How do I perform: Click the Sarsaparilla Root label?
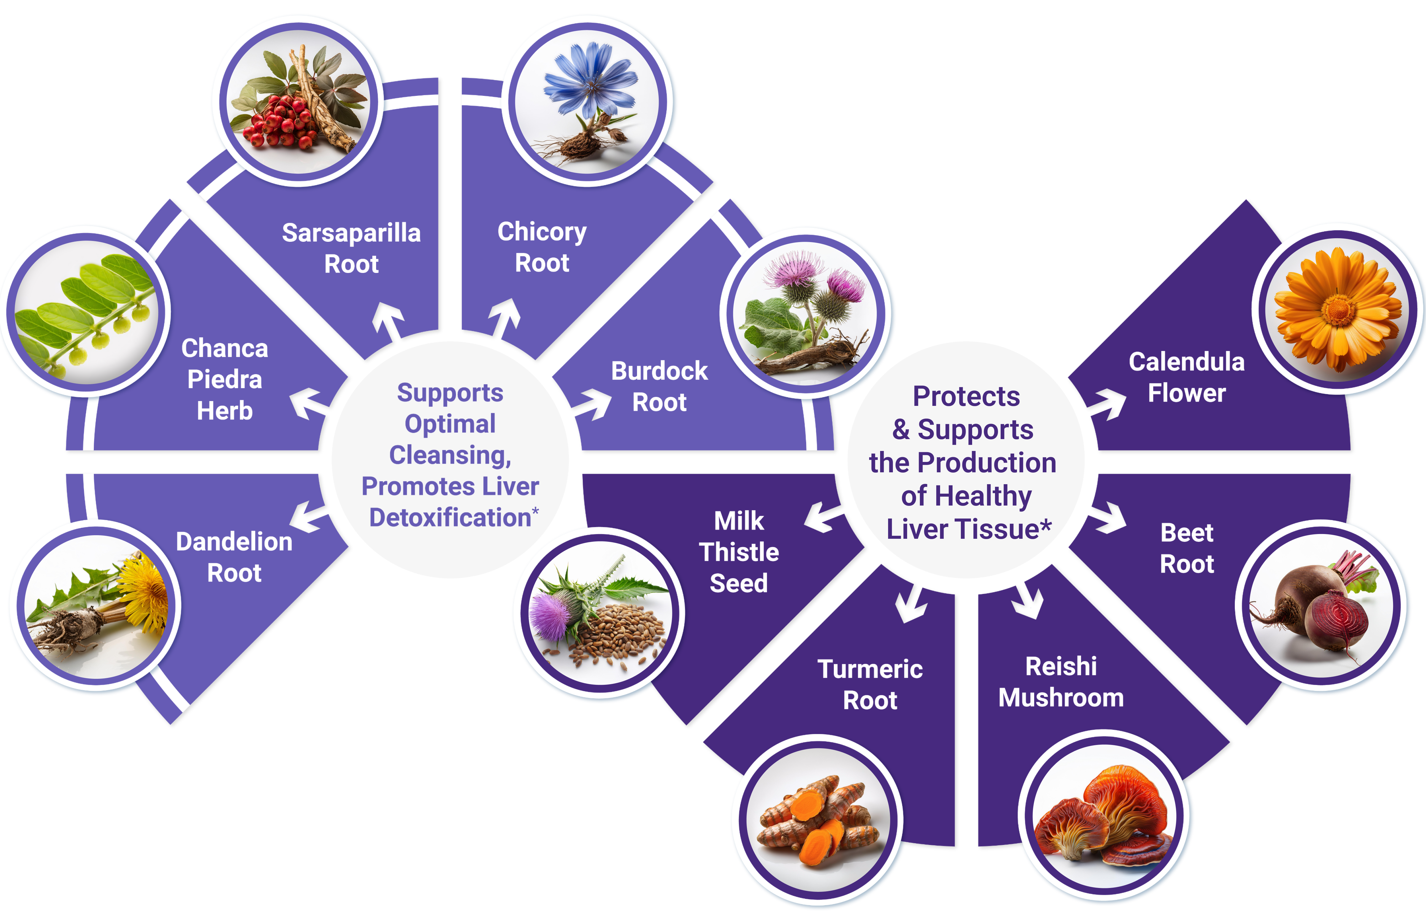click(351, 248)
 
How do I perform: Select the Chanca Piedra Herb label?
click(224, 379)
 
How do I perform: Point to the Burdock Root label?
click(659, 386)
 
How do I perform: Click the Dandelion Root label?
click(234, 557)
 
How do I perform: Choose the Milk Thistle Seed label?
click(739, 552)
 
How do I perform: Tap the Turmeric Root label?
click(870, 684)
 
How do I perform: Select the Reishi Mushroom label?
click(1061, 682)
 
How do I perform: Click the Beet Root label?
click(1187, 548)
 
